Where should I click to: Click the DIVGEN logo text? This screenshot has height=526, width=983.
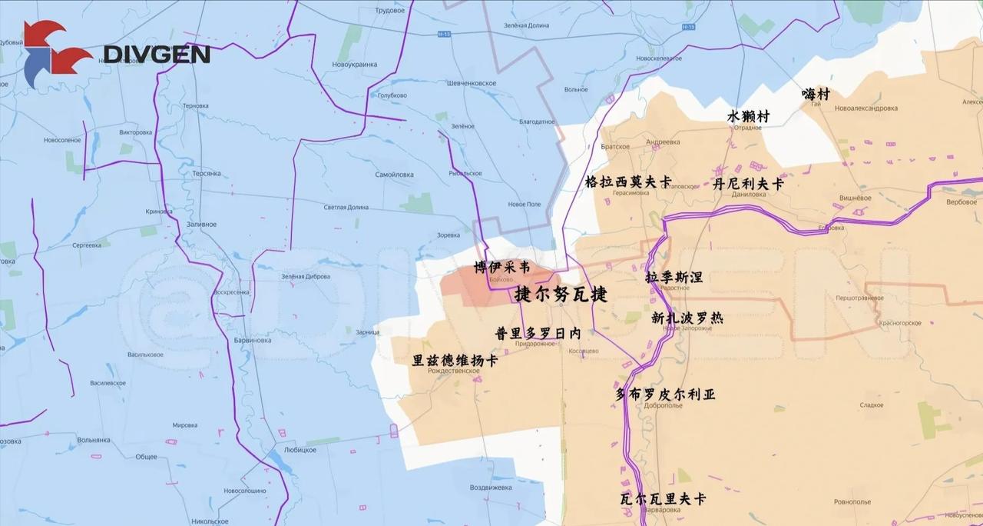pyautogui.click(x=157, y=54)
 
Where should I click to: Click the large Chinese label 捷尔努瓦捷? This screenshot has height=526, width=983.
pyautogui.click(x=561, y=294)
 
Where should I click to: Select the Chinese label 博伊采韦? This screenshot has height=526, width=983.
pyautogui.click(x=501, y=268)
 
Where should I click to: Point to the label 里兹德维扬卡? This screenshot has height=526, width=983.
pyautogui.click(x=455, y=360)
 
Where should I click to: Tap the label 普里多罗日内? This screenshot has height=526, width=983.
pyautogui.click(x=538, y=334)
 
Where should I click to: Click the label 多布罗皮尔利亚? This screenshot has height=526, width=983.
pyautogui.click(x=665, y=394)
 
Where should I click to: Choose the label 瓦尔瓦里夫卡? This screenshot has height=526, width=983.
pyautogui.click(x=663, y=498)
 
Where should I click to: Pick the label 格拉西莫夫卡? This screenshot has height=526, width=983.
pyautogui.click(x=628, y=182)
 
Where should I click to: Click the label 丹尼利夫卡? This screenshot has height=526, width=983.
pyautogui.click(x=748, y=185)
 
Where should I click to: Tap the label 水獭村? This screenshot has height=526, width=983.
pyautogui.click(x=748, y=116)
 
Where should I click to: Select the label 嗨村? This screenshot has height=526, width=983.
pyautogui.click(x=816, y=94)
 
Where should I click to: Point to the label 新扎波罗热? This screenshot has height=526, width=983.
pyautogui.click(x=687, y=317)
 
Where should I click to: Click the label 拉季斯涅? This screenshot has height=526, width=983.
pyautogui.click(x=674, y=277)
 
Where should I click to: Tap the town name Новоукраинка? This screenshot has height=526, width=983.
pyautogui.click(x=355, y=65)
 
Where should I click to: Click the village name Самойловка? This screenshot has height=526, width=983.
pyautogui.click(x=394, y=175)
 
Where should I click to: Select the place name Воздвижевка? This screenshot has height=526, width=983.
pyautogui.click(x=490, y=488)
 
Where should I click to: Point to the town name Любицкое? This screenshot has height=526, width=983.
pyautogui.click(x=300, y=450)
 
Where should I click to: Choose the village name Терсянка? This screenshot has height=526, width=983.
pyautogui.click(x=207, y=174)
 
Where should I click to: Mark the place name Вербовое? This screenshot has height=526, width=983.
pyautogui.click(x=961, y=202)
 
